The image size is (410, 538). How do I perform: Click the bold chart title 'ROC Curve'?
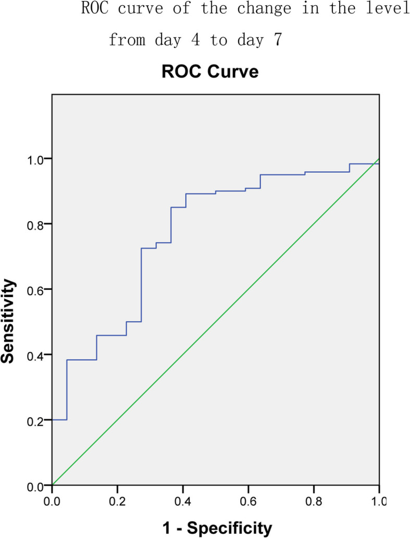coord(210,72)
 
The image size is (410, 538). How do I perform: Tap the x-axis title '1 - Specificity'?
coord(215,528)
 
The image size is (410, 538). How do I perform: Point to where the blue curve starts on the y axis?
coord(53,420)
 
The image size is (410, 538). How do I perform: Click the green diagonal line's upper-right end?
coord(379,159)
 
